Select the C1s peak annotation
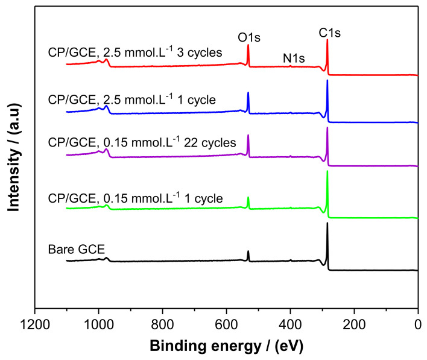tap(330, 33)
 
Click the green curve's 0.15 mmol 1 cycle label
tap(135, 197)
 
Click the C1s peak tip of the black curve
tap(327, 223)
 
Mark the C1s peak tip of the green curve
tap(327, 171)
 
